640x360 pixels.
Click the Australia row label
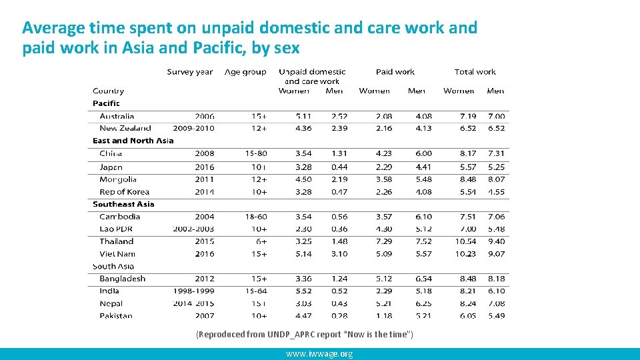[117, 116]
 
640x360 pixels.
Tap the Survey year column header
[190, 72]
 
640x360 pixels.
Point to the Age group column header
[245, 72]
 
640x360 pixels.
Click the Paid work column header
[395, 72]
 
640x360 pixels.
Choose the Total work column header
[475, 72]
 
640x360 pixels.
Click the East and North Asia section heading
[133, 141]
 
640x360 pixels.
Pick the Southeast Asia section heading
[123, 204]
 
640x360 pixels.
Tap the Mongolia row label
[118, 179]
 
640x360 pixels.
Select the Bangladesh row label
[122, 279]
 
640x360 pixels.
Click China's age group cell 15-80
[256, 153]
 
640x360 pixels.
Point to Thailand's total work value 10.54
[465, 241]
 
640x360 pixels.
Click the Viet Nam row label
[117, 254]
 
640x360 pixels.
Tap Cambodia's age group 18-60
[256, 217]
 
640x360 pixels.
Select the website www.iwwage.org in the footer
[319, 354]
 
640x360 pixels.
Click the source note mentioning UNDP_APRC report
[305, 334]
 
